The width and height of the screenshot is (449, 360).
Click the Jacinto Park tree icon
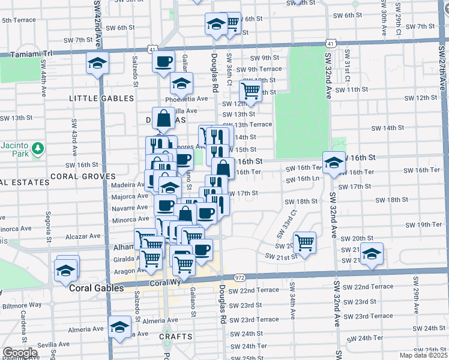pyautogui.click(x=37, y=147)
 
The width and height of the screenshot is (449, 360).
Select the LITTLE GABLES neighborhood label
pyautogui.click(x=101, y=98)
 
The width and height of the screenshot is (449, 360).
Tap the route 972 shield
pyautogui.click(x=240, y=278)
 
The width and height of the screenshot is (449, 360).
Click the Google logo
pyautogui.click(x=20, y=353)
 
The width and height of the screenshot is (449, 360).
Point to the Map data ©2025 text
pyautogui.click(x=422, y=355)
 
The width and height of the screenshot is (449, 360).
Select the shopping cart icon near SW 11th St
pyautogui.click(x=250, y=91)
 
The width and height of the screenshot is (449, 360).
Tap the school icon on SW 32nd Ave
pyautogui.click(x=333, y=161)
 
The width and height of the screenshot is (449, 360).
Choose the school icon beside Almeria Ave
pyautogui.click(x=119, y=327)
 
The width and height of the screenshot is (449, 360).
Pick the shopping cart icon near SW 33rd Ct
pyautogui.click(x=306, y=242)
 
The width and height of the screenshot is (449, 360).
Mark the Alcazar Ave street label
pyautogui.click(x=86, y=236)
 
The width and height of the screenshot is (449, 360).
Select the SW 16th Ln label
pyautogui.click(x=303, y=179)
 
